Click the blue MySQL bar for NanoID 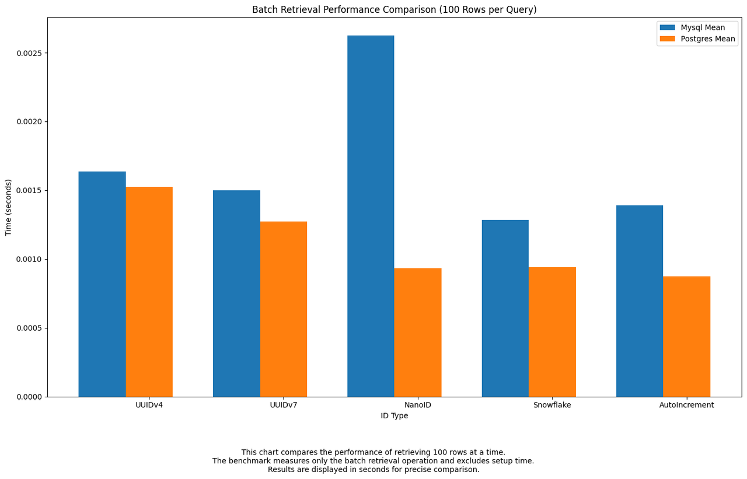[x=371, y=216]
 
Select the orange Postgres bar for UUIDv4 [x=149, y=292]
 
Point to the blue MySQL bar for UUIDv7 [x=236, y=293]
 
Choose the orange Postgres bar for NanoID [x=418, y=333]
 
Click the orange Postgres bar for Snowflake [x=552, y=332]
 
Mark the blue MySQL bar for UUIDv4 [x=102, y=284]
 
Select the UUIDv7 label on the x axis [x=284, y=405]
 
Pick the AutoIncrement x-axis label [x=686, y=405]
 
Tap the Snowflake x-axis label [x=552, y=405]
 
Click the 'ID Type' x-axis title [x=395, y=416]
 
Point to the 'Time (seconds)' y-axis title [x=9, y=207]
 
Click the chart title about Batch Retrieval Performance [x=395, y=10]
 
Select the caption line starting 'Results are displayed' [x=373, y=470]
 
